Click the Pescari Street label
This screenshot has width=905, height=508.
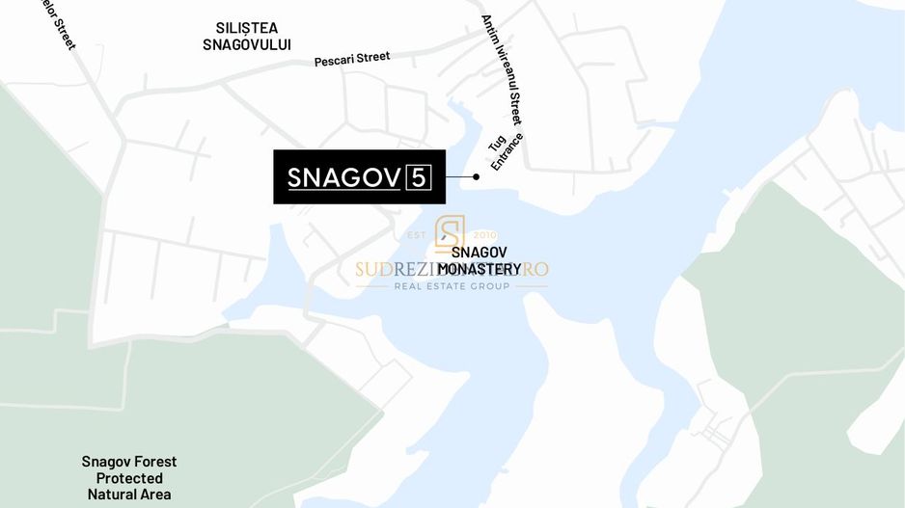pos(352,59)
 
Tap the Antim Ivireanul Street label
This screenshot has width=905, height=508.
pos(501,70)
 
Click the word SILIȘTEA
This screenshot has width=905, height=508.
pos(246,27)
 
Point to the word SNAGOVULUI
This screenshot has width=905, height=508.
pos(246,44)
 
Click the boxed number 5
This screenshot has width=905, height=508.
pos(419,177)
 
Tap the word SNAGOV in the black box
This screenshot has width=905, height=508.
pos(344,178)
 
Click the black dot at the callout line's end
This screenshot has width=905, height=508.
pos(477,177)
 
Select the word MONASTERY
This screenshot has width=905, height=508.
pos(480,269)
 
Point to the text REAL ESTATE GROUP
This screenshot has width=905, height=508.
pos(452,286)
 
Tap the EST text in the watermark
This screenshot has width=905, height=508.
pos(418,234)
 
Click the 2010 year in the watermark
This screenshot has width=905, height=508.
pos(485,234)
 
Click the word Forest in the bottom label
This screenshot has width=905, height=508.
pos(154,462)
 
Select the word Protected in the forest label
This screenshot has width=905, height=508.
pos(129,478)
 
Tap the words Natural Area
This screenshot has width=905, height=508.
pos(129,495)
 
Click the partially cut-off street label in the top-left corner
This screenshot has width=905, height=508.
pos(58,22)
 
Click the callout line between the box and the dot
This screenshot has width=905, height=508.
pos(459,177)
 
